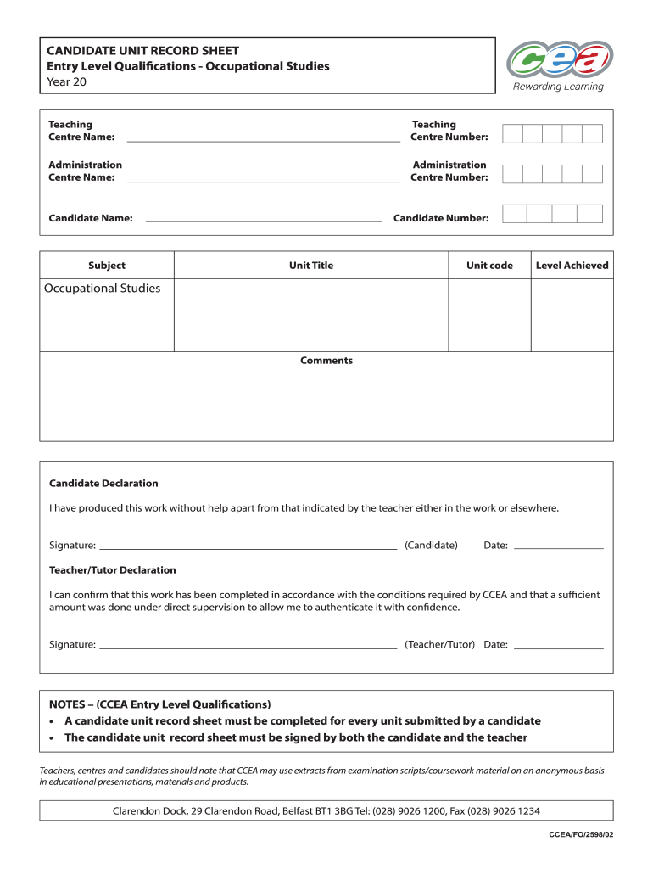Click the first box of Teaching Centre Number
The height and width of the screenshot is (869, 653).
pyautogui.click(x=512, y=133)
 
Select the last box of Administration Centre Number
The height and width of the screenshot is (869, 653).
pyautogui.click(x=592, y=174)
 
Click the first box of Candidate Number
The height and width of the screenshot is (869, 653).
pyautogui.click(x=514, y=214)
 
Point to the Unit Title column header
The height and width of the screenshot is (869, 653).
pyautogui.click(x=311, y=266)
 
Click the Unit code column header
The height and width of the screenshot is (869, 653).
pyautogui.click(x=489, y=266)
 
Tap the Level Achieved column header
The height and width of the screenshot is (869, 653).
pyautogui.click(x=572, y=266)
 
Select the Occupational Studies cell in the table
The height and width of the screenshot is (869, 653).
pyautogui.click(x=103, y=289)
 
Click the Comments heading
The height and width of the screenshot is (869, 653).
pyautogui.click(x=326, y=361)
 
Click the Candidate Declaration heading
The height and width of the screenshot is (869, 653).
pyautogui.click(x=103, y=484)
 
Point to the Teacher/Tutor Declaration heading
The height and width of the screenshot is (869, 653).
pyautogui.click(x=113, y=570)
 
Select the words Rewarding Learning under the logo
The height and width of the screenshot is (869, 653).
pyautogui.click(x=559, y=87)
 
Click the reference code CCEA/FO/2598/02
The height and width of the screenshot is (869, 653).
pyautogui.click(x=581, y=835)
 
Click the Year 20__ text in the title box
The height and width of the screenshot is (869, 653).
pyautogui.click(x=73, y=82)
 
